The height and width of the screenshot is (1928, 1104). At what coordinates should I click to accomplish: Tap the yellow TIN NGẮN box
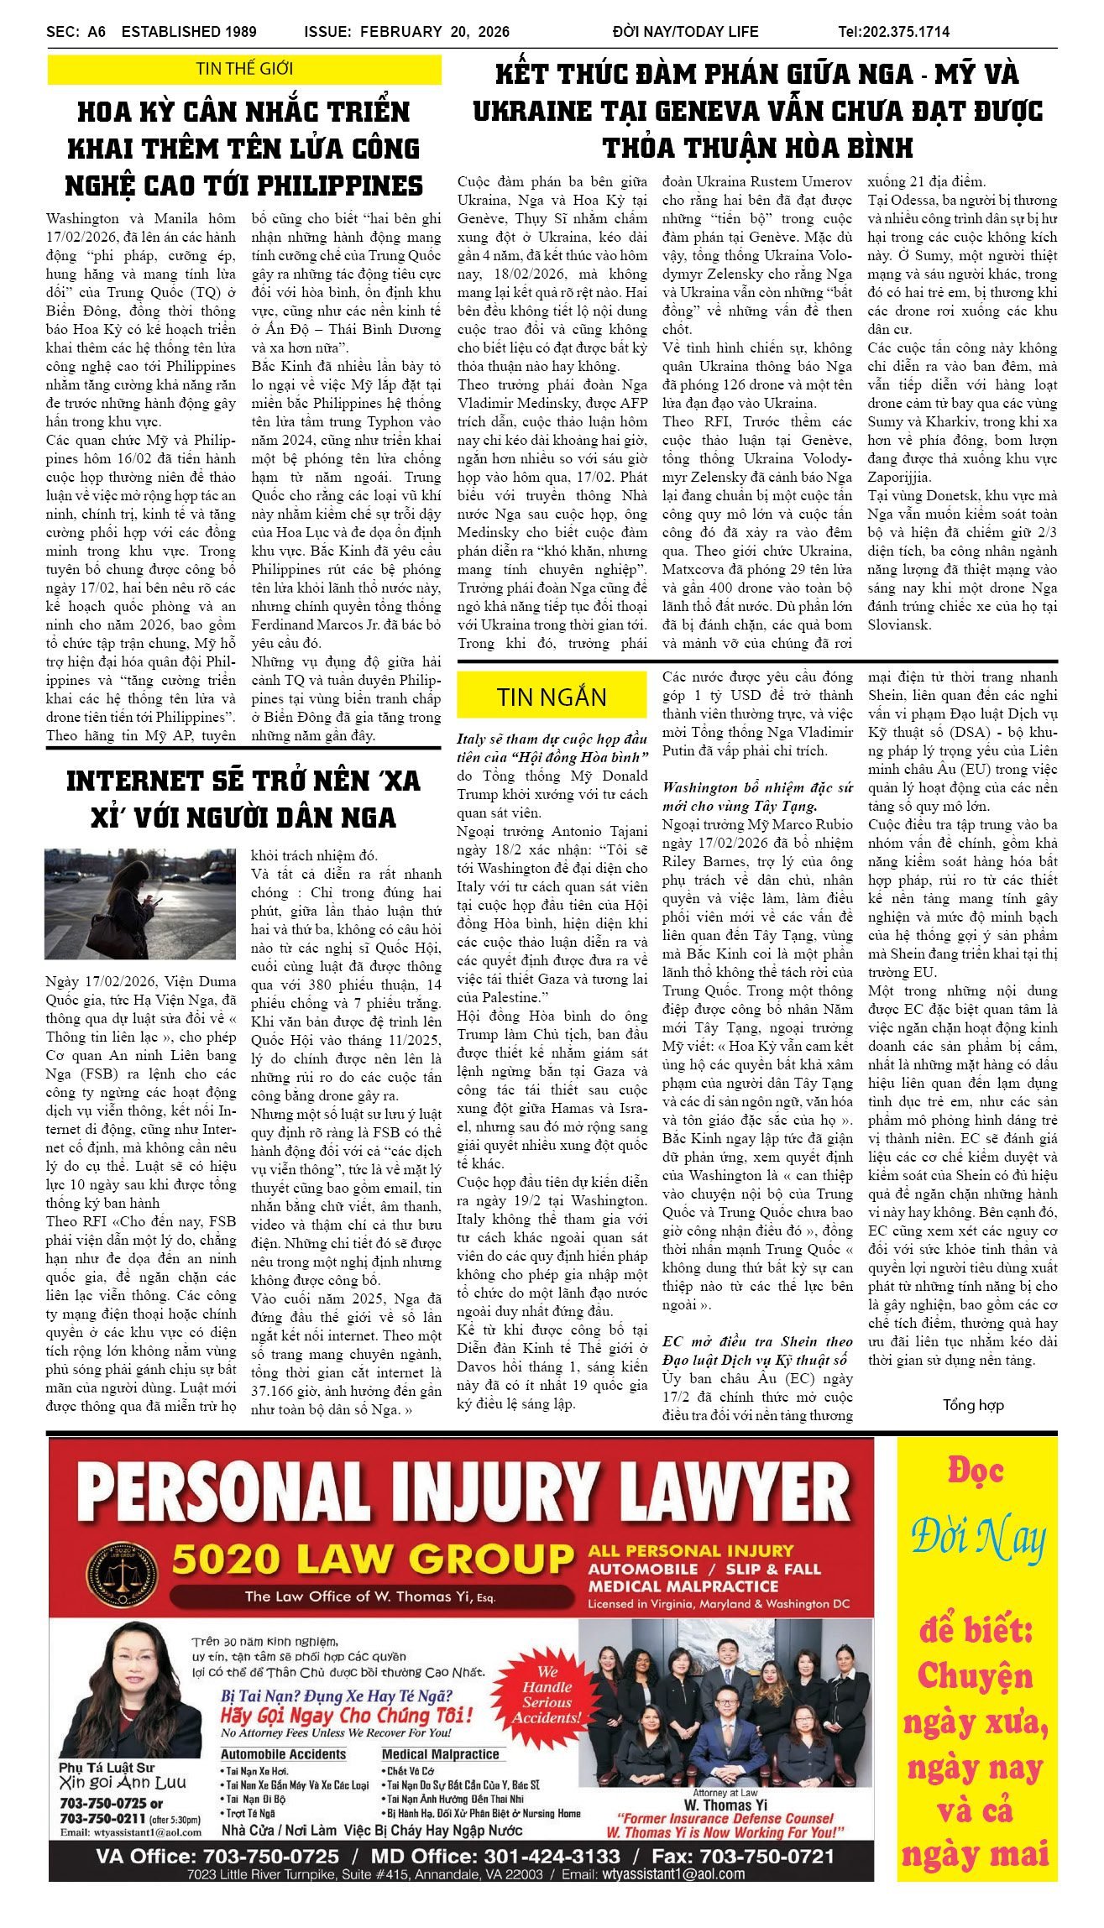551,697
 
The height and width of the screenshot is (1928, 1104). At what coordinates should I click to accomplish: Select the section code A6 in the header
97,32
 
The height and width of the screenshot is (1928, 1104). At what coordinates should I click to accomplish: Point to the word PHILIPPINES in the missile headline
340,185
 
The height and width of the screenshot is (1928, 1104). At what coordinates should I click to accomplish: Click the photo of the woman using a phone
140,904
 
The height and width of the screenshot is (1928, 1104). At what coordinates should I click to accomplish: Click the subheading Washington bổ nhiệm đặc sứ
756,787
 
